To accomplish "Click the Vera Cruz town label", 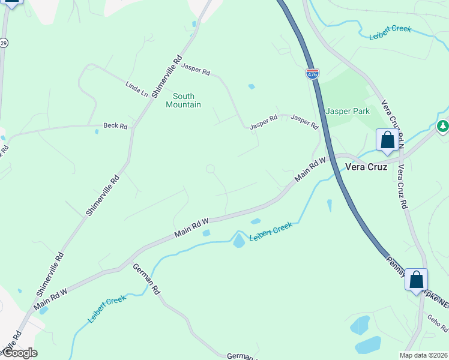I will tap(365, 167).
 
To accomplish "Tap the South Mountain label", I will tap(183, 100).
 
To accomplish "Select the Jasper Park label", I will tap(348, 111).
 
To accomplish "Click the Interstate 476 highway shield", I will tap(312, 73).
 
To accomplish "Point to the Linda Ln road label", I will tap(136, 89).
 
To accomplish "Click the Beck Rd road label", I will tap(115, 126).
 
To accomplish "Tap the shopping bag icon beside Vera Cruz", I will tap(387, 140).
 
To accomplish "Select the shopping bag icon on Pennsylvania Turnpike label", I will tap(416, 280).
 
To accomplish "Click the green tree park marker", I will tap(442, 126).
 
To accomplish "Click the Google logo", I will tap(19, 353).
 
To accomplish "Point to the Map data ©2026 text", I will tap(424, 355).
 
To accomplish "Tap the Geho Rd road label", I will tap(438, 324).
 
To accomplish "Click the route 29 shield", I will tap(4, 43).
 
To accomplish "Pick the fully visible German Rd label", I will tap(146, 279).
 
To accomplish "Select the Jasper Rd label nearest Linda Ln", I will tap(196, 70).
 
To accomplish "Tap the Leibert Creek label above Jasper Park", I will tap(390, 31).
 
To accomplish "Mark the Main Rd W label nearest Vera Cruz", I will tap(310, 170).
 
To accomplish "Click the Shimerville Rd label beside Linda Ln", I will tap(167, 76).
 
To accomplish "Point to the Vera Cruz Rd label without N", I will tap(399, 187).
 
